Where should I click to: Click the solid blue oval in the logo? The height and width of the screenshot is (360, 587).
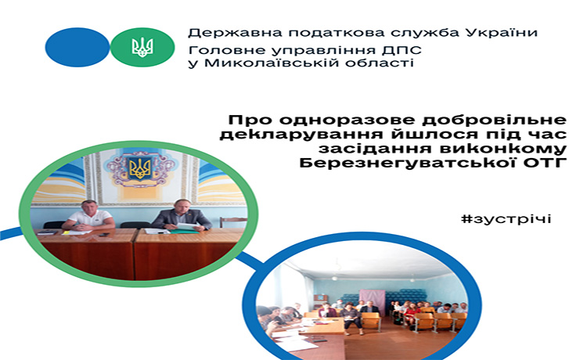[x=77, y=48]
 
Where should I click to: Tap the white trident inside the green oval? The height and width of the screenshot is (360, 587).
[x=142, y=48]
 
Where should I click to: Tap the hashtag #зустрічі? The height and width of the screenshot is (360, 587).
[x=506, y=219]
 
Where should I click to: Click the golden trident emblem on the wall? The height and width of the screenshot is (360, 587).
[x=139, y=169]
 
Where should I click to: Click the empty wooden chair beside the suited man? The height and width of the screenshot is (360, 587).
[x=233, y=222]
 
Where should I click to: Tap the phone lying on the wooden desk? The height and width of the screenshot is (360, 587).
[x=103, y=235]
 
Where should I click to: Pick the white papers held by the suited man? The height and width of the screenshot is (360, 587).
[x=188, y=227]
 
